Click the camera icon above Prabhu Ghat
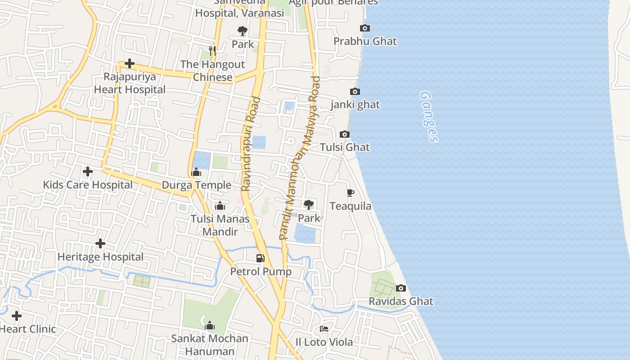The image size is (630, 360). [365, 28]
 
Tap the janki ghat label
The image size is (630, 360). [355, 105]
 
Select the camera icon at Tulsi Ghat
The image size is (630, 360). [345, 135]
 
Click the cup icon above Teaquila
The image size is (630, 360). [351, 193]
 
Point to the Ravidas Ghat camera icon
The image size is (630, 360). [400, 288]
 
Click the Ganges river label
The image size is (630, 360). [428, 117]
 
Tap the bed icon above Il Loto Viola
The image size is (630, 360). [324, 329]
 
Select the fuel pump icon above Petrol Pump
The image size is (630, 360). [261, 258]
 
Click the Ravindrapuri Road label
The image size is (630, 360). [251, 144]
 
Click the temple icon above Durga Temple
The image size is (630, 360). [196, 172]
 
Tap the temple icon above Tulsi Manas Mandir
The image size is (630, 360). [220, 206]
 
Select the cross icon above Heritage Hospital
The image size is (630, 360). [100, 243]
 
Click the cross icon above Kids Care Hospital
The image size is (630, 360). [88, 171]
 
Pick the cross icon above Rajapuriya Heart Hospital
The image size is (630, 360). [130, 63]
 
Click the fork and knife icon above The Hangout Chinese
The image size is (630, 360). [212, 51]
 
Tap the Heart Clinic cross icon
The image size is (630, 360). [17, 316]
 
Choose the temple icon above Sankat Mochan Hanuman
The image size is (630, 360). [209, 325]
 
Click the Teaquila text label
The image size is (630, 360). [351, 206]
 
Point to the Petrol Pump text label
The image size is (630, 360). [261, 272]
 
